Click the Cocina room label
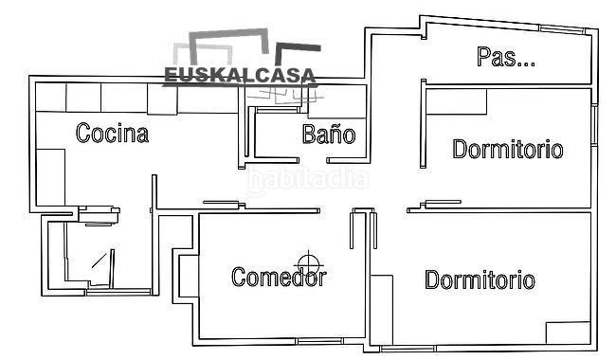coord(113,133)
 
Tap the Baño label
coord(329,134)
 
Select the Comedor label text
coord(279,277)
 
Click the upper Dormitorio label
coord(508,149)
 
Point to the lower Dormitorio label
coord(480,279)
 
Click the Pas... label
coord(506,57)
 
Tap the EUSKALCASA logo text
coord(240,76)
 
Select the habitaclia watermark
coord(308,180)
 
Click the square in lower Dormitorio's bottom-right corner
coord(569,333)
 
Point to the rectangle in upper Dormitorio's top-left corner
coord(457,101)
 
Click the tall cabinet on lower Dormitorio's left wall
coord(382,310)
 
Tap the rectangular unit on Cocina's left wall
coord(50,177)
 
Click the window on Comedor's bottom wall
coord(319,341)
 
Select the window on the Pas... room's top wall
coord(561,28)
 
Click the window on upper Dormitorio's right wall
coord(594,126)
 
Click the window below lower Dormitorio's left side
coord(408,349)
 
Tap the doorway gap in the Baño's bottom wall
coord(313,160)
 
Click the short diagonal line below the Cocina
coord(99,261)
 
